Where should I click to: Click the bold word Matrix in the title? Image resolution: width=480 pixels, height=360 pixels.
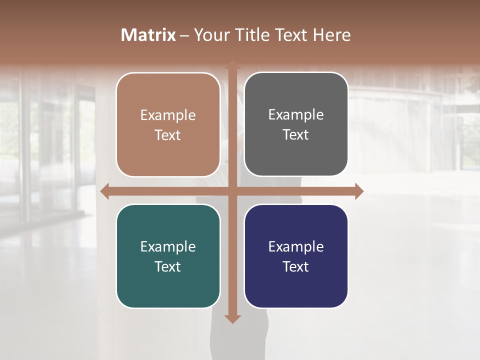point(148,35)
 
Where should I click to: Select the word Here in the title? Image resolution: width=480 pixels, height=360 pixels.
point(331,35)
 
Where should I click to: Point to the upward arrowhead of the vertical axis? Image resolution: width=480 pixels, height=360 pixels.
point(232,65)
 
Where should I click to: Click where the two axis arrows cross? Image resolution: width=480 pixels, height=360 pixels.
point(232,191)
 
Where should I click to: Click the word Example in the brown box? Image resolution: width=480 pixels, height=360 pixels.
point(168,115)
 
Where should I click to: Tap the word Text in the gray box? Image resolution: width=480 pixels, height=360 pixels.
point(296,135)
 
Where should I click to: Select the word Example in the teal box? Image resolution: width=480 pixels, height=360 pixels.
point(168,247)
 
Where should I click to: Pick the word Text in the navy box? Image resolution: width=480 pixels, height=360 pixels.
point(296,266)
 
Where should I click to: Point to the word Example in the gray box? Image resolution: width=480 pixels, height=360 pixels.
point(296,115)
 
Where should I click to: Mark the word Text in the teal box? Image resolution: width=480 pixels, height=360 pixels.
point(168,266)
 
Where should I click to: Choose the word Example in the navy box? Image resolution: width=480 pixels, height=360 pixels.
point(296,247)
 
